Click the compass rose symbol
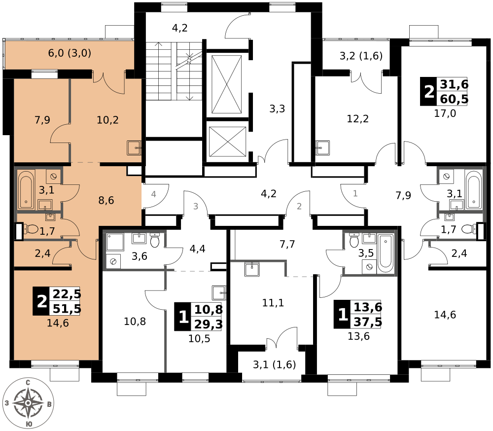tap(28, 403)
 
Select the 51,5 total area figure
tap(67, 309)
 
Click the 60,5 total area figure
tap(454, 99)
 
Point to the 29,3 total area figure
tap(209, 323)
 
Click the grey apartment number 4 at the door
tap(153, 194)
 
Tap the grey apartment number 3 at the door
tap(196, 206)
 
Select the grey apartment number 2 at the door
tap(299, 206)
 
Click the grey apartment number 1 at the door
tap(355, 193)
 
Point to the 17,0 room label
tap(445, 113)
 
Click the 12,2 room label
tap(358, 119)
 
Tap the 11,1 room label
tap(273, 303)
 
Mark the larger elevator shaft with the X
tap(226, 84)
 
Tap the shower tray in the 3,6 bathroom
tap(115, 242)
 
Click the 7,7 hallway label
tap(287, 244)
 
